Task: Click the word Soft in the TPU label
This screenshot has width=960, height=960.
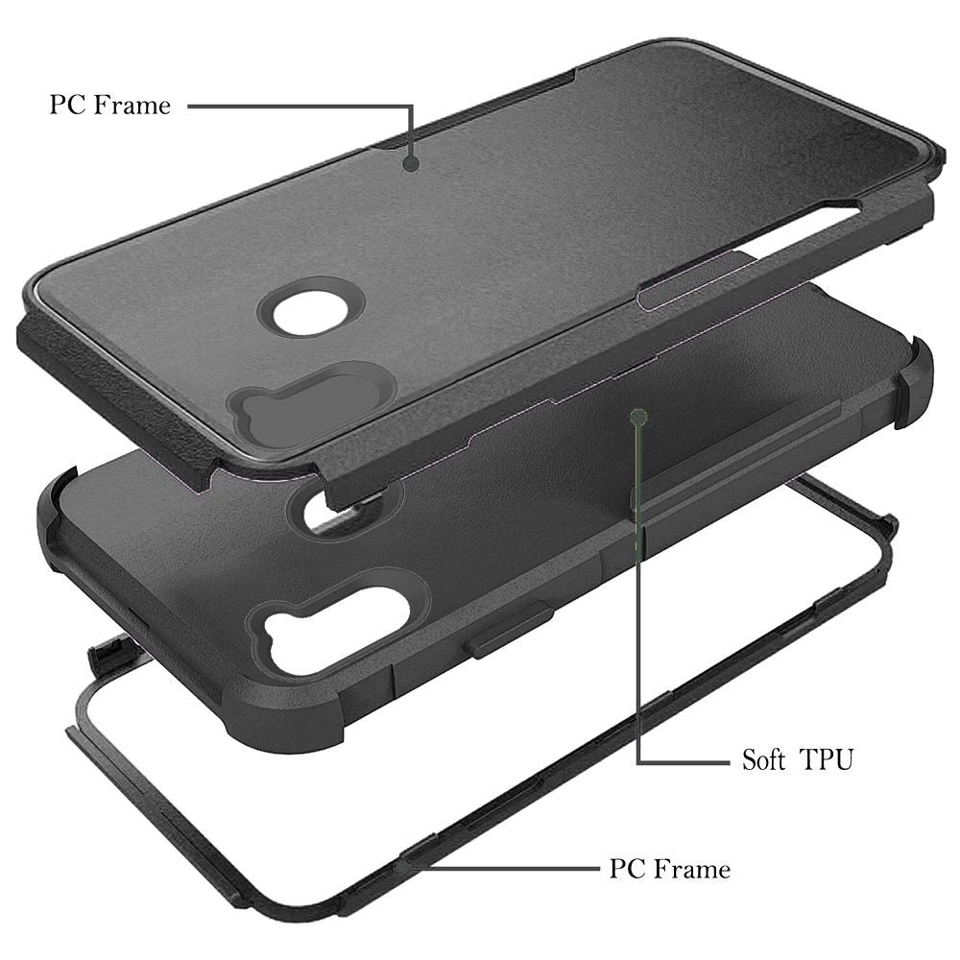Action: [763, 759]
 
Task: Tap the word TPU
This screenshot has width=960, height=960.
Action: [827, 759]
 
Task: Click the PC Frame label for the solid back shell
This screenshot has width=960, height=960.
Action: [110, 105]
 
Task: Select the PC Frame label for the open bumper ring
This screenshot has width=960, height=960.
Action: [670, 869]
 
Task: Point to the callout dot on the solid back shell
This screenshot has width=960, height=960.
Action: [411, 163]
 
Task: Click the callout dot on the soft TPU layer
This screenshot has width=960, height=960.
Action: [638, 418]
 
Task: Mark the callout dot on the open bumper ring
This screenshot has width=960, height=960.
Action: [403, 868]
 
